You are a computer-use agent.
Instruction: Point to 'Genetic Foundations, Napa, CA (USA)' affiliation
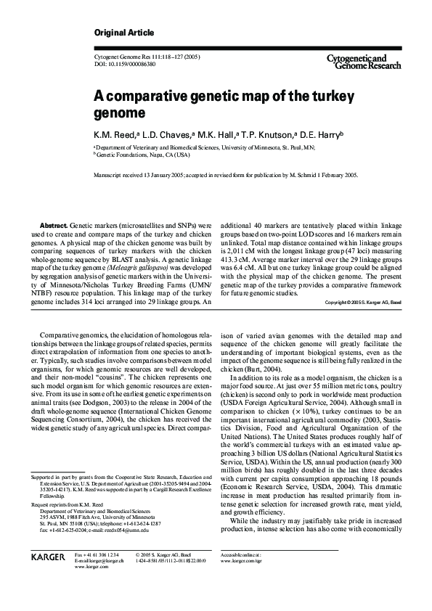pos(142,155)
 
